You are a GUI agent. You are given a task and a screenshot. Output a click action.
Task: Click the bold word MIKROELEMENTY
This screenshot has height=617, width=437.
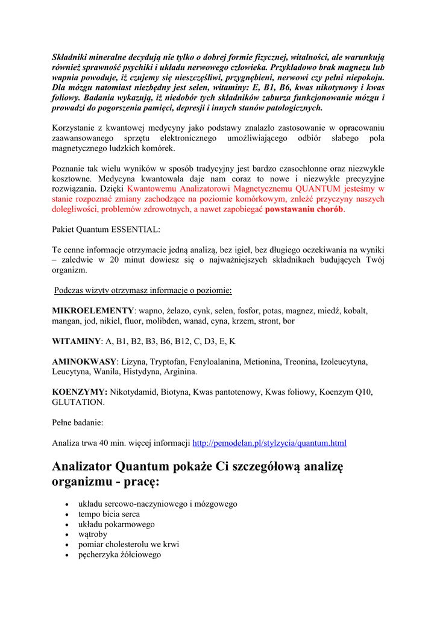(x=93, y=311)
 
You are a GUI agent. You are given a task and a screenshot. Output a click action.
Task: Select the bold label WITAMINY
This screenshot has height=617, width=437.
(x=76, y=341)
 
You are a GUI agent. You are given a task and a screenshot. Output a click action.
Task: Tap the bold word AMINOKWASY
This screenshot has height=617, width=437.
(x=84, y=362)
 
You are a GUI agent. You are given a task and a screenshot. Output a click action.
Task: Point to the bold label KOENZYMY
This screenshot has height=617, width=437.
(x=80, y=392)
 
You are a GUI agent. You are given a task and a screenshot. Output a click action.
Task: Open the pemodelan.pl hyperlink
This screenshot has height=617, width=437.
(x=269, y=443)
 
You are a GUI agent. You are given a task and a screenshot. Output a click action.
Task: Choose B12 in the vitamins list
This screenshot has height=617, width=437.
(x=182, y=341)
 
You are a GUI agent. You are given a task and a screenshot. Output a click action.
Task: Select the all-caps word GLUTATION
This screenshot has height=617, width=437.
(x=78, y=402)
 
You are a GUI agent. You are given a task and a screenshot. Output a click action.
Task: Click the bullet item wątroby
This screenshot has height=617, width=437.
(x=93, y=534)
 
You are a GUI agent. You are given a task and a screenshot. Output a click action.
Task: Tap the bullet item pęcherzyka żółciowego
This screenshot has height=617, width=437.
(x=119, y=554)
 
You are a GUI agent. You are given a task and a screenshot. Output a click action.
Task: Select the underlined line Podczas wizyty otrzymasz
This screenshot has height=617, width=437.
(x=143, y=290)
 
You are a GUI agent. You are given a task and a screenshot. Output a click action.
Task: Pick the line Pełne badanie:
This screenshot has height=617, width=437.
(x=78, y=422)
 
